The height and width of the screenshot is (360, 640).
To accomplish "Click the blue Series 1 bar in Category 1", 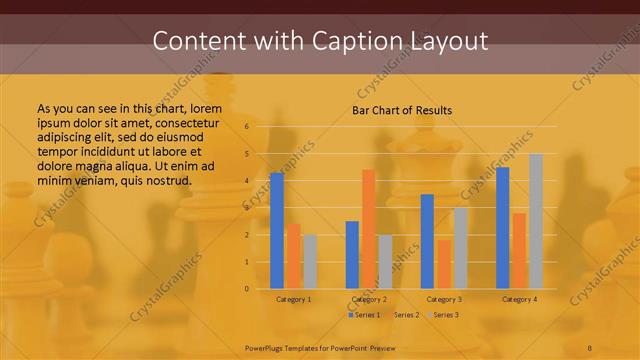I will [277, 231].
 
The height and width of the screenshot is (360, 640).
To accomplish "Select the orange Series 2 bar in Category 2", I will [368, 229].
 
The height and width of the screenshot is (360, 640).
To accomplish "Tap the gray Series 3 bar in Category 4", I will [536, 221].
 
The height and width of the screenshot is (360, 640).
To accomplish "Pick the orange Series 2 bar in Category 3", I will [444, 264].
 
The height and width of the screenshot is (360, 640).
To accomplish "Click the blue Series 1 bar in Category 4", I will [503, 228].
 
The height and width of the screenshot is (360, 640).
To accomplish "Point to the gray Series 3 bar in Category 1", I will [310, 262].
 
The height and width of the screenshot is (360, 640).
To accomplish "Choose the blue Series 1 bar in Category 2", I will [352, 255].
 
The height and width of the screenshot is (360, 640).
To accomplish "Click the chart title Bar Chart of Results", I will [402, 110].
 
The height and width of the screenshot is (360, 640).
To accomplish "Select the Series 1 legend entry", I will [363, 315].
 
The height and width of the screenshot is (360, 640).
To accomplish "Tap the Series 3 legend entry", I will [443, 315].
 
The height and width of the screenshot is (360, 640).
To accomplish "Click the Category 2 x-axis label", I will [369, 299].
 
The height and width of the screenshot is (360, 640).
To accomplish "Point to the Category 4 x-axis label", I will [519, 299].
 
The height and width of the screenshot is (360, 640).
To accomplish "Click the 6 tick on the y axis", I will [246, 127].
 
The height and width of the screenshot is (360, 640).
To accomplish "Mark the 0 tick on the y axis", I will [246, 289].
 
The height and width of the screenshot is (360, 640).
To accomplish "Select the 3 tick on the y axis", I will [246, 208].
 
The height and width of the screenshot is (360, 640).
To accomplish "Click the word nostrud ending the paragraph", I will [167, 180].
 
